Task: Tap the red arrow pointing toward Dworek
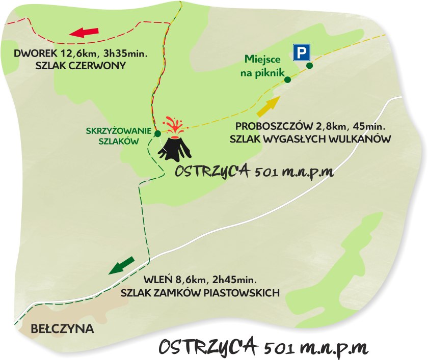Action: click(84, 33)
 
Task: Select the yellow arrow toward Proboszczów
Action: click(269, 106)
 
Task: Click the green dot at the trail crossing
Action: click(157, 133)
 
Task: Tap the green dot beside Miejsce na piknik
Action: click(287, 79)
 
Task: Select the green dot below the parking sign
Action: click(309, 65)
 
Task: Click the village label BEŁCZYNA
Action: click(63, 328)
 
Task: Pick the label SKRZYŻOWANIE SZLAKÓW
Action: click(119, 136)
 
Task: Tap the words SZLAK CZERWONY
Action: click(81, 66)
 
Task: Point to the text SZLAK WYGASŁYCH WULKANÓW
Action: click(310, 139)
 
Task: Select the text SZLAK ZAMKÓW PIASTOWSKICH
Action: click(200, 292)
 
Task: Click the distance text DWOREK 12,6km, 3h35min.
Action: click(81, 53)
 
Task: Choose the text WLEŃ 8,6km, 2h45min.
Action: click(200, 280)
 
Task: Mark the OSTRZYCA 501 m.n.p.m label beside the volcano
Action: click(254, 171)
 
